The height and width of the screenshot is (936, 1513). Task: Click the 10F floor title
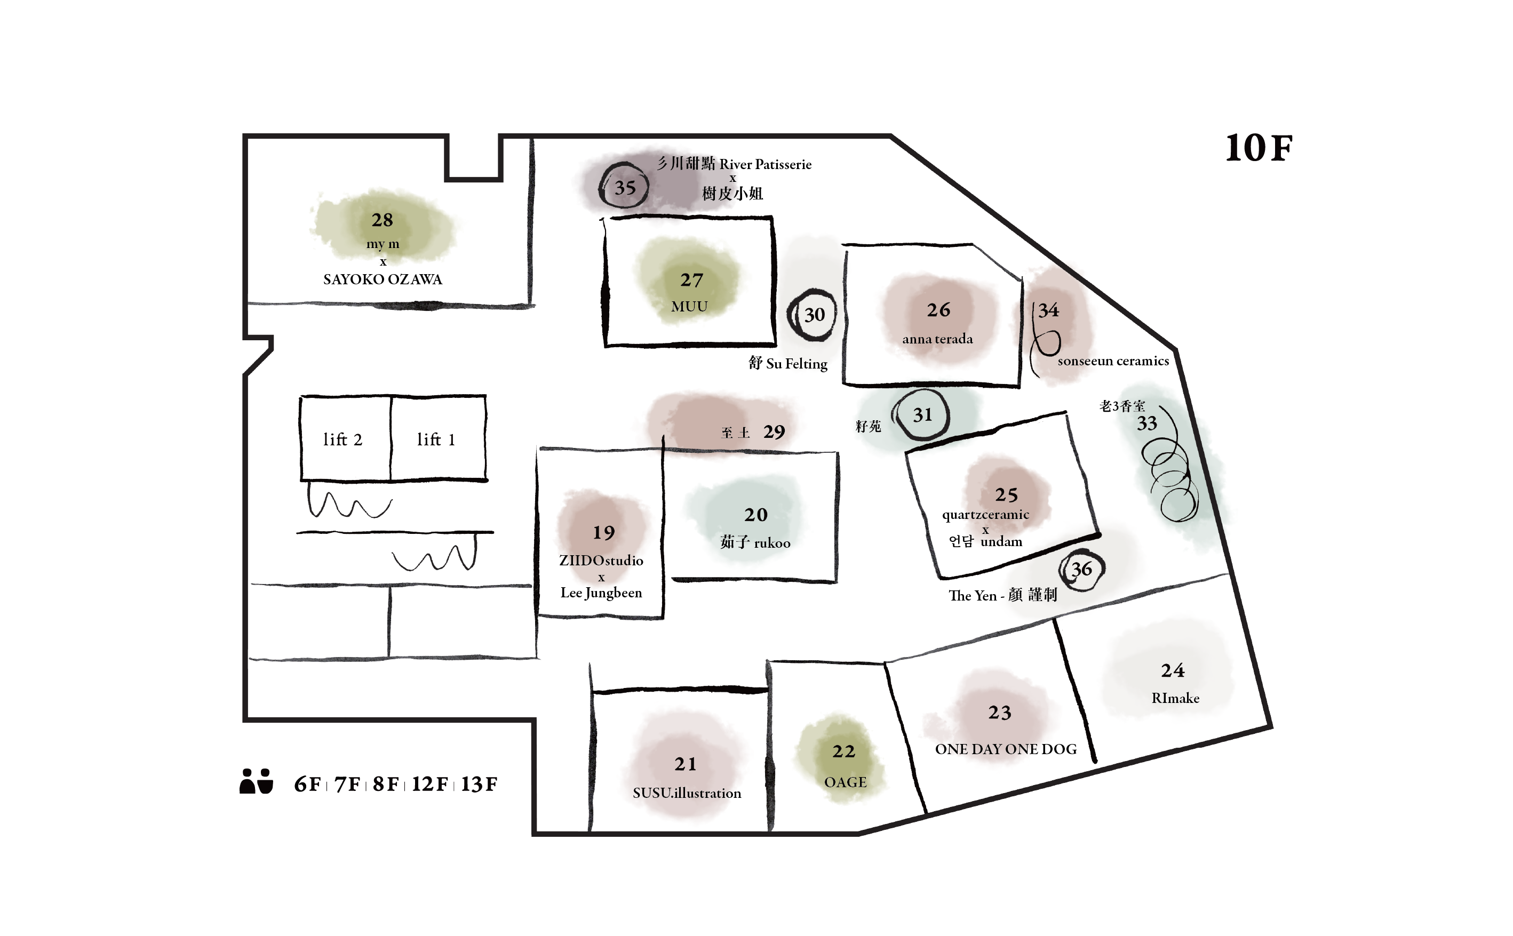click(1259, 149)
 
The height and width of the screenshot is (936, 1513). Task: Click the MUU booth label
click(689, 307)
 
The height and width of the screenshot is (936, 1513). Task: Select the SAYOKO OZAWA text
click(383, 279)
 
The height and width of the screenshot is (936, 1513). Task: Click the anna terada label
click(937, 339)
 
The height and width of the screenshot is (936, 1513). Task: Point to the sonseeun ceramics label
click(1113, 361)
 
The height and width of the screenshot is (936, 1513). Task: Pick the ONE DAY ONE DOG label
click(1006, 749)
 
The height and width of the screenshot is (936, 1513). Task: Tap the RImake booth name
click(1175, 698)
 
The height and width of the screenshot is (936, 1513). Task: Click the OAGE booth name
click(845, 782)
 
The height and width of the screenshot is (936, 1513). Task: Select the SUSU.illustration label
click(687, 793)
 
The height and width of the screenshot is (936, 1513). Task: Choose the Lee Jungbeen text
click(601, 593)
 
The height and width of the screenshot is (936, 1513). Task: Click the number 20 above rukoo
click(756, 515)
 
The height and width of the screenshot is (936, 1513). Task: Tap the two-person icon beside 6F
click(256, 781)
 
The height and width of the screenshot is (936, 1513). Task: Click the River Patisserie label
click(765, 165)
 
